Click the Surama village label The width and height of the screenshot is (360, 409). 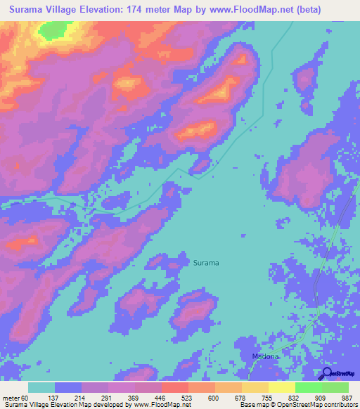pos(205,263)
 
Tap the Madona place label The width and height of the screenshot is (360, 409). pos(266,357)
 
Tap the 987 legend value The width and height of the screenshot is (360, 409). pos(347,398)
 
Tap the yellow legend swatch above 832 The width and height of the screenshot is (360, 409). pos(281,387)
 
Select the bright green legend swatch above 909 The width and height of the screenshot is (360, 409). pos(308,387)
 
